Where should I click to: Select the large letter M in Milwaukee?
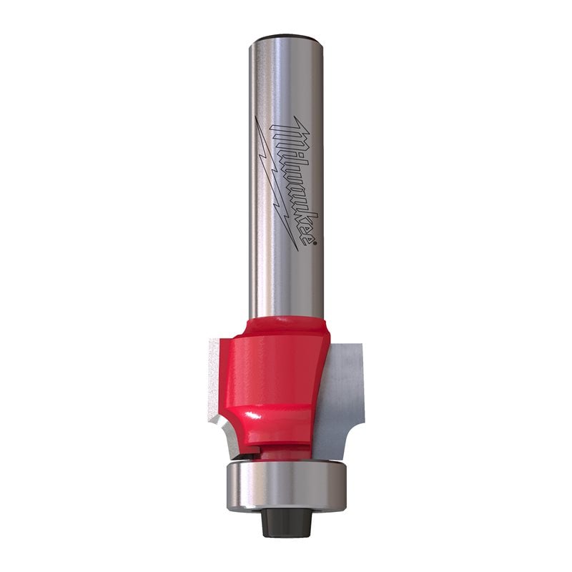(285, 133)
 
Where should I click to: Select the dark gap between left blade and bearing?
(247, 453)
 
